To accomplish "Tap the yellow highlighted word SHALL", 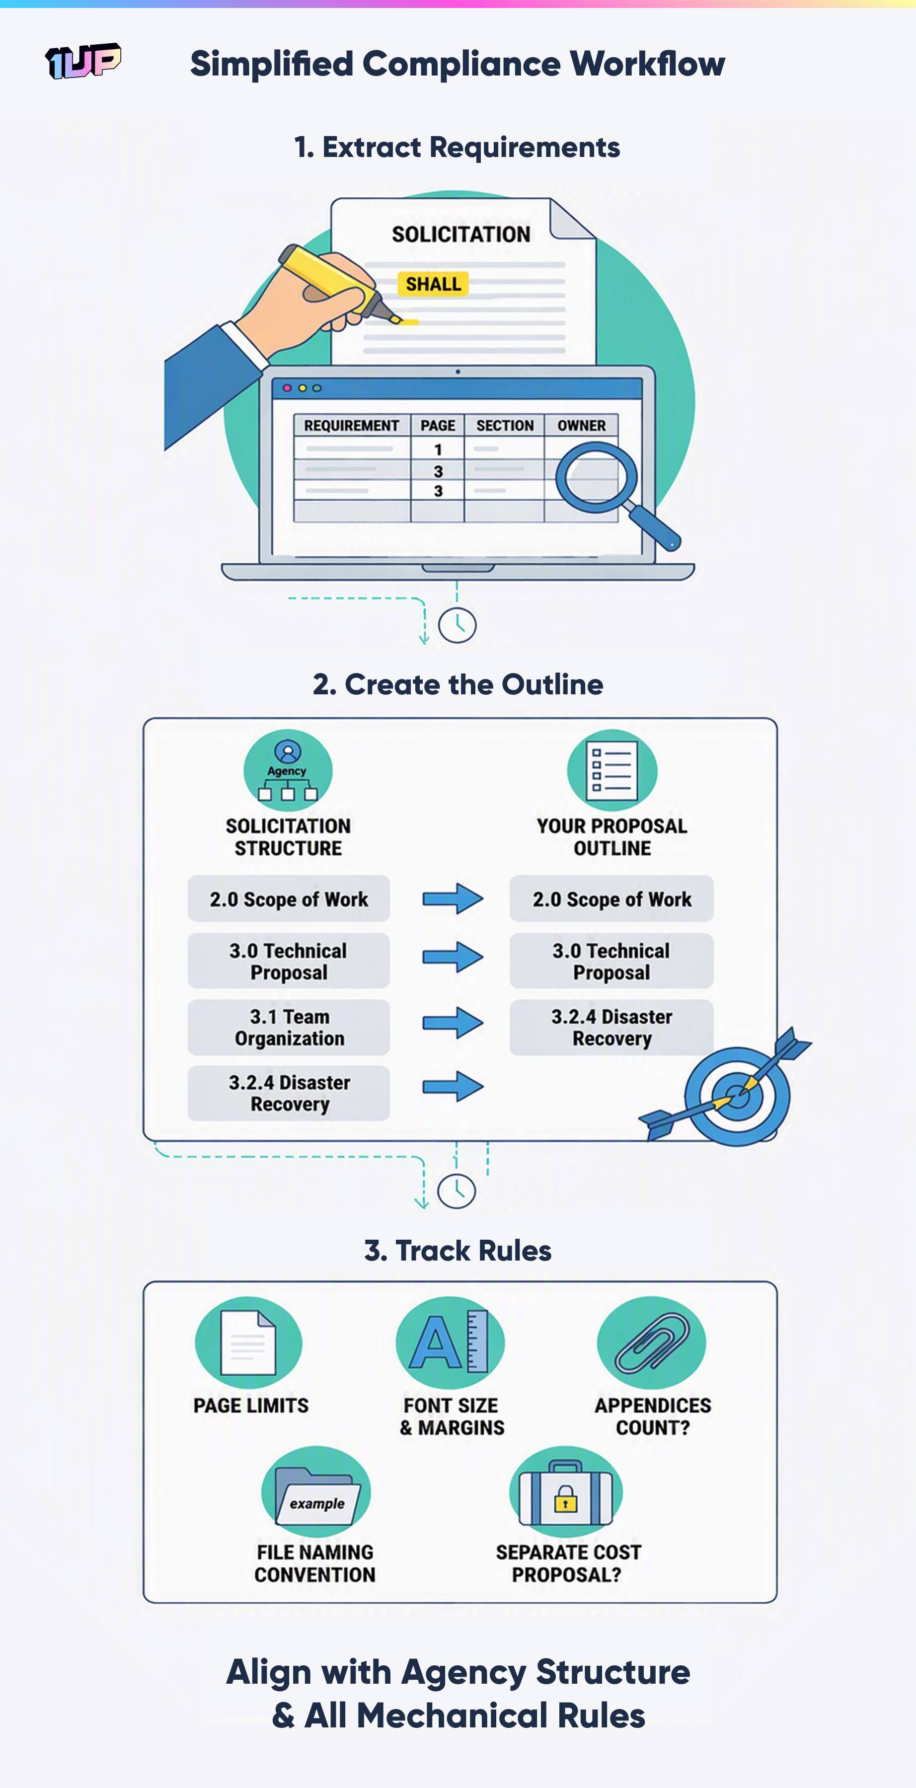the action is [433, 284].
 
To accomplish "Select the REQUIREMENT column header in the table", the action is [351, 426].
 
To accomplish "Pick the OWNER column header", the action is [581, 426].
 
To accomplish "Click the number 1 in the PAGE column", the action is [438, 449].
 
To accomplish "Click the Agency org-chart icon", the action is [288, 770].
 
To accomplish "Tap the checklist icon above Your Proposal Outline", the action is [612, 770].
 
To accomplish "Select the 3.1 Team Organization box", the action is [289, 1027].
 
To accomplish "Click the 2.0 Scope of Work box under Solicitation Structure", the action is [289, 899].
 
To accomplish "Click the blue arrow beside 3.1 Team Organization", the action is [453, 1023].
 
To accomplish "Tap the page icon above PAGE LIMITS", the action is [248, 1343].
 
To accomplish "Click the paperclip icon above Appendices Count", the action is [651, 1343].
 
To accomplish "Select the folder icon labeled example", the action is [317, 1496].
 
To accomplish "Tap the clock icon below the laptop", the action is [457, 625].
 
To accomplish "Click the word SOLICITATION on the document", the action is [461, 234].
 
